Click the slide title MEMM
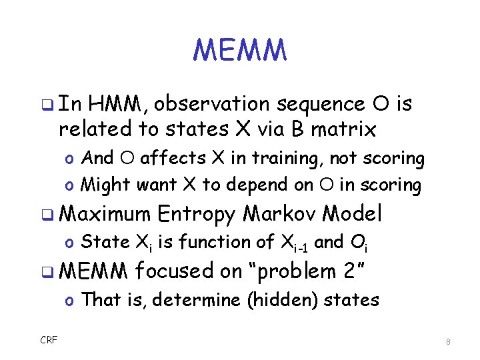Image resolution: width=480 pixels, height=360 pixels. point(240,50)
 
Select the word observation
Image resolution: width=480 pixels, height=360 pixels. point(216,104)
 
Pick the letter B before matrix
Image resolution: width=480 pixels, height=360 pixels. point(298,128)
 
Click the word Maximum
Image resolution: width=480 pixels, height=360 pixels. point(105,214)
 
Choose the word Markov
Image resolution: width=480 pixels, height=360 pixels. point(279,214)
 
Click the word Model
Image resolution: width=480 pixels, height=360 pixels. point(352,214)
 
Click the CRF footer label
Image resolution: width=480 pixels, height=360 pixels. point(49,340)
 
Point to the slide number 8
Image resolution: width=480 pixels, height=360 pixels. point(449,341)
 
